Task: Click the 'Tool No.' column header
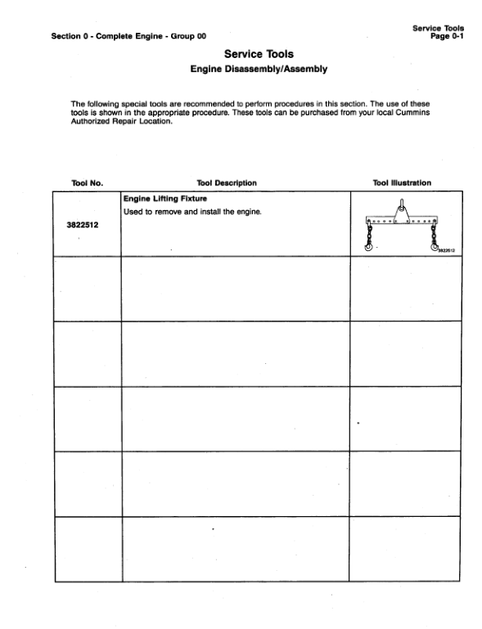tap(86, 182)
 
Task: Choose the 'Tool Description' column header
tap(227, 182)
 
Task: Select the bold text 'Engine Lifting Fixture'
tap(161, 199)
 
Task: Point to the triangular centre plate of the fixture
tap(402, 218)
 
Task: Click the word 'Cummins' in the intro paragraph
tap(412, 111)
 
